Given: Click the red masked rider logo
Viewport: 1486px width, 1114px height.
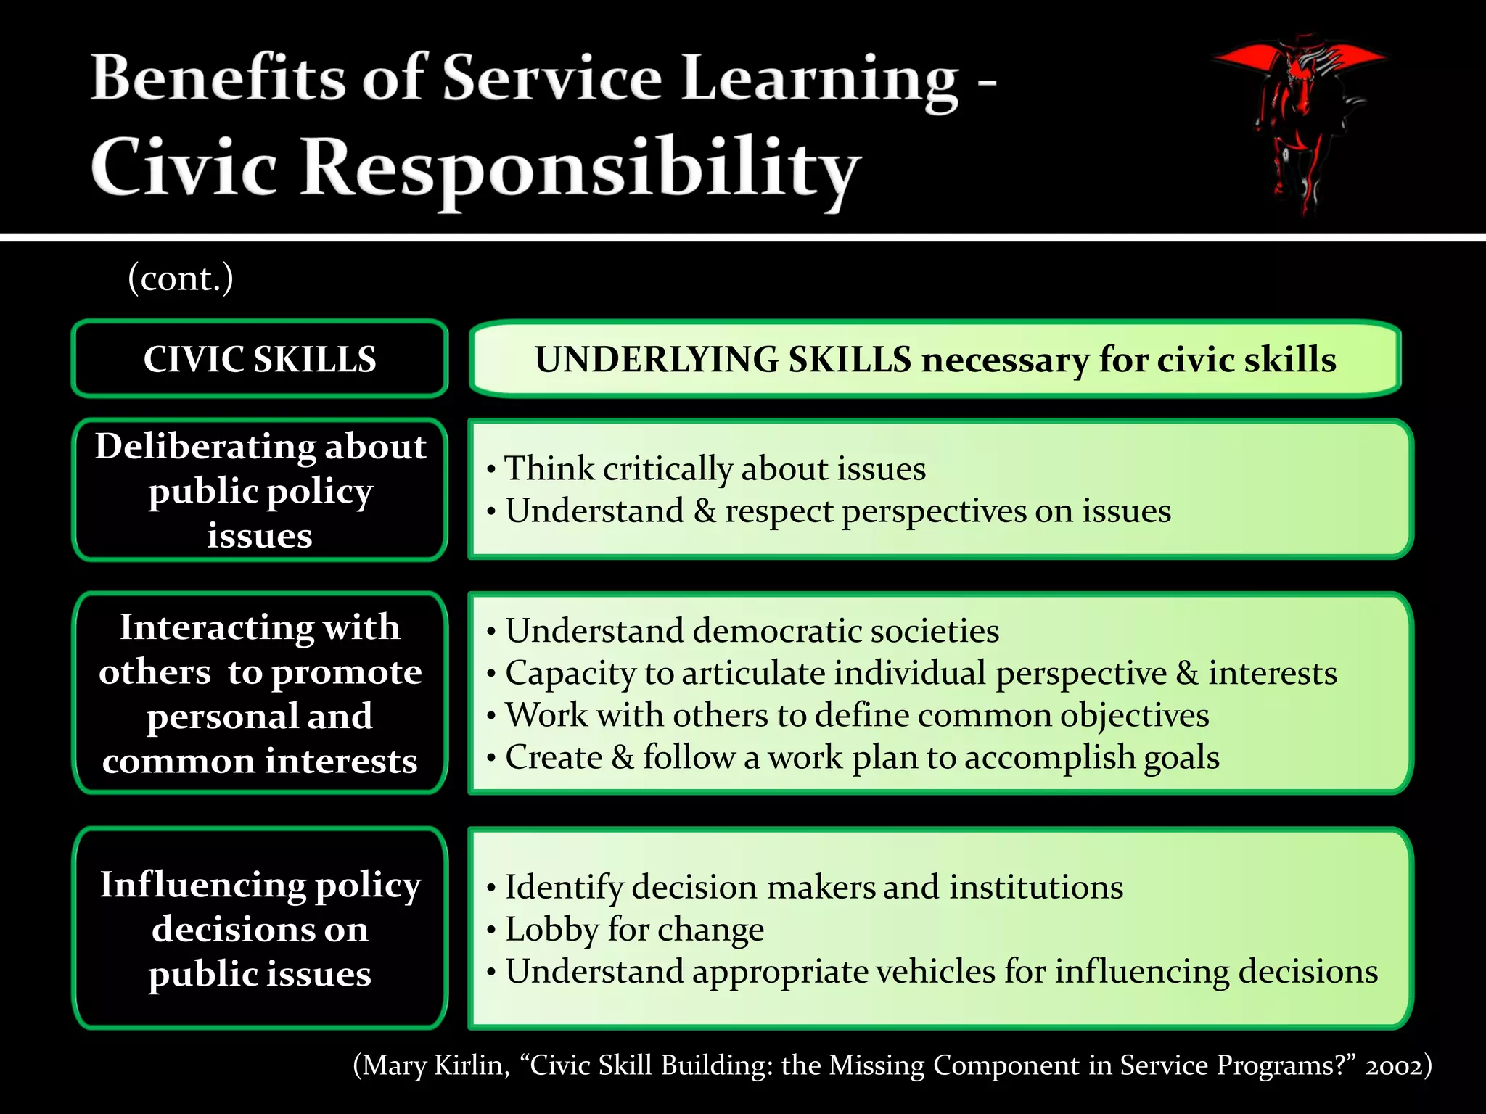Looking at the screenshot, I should click(1298, 120).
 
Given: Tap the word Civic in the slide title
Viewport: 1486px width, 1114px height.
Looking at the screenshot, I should click(184, 167).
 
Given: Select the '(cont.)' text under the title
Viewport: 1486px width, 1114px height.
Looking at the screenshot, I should click(181, 278).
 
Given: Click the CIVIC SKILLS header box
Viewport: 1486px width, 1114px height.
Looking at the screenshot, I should click(260, 359).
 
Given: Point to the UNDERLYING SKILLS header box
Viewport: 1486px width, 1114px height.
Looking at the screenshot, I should click(935, 359).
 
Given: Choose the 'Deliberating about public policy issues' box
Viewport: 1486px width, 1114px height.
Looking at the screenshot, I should click(260, 490).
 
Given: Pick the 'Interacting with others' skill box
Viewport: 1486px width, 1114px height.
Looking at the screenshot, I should click(260, 693).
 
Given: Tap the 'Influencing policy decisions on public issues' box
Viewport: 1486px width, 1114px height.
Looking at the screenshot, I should click(260, 928).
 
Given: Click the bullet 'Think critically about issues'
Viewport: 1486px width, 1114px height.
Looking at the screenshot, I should click(715, 469).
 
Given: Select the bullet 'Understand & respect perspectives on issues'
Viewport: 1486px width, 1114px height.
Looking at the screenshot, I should click(837, 511).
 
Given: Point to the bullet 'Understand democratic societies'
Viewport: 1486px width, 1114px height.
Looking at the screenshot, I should click(752, 631).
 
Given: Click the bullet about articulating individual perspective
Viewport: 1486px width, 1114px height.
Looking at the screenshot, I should click(920, 673).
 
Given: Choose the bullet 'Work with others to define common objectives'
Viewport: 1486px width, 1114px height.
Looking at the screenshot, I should click(856, 715).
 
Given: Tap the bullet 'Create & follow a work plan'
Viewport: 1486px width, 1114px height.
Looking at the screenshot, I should click(862, 758).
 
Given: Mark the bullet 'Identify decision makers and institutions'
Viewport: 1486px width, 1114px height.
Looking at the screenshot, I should click(813, 887).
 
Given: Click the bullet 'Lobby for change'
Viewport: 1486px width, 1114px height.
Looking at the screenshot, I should click(634, 930).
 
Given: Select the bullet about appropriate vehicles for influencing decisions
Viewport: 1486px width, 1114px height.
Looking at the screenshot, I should click(941, 972).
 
